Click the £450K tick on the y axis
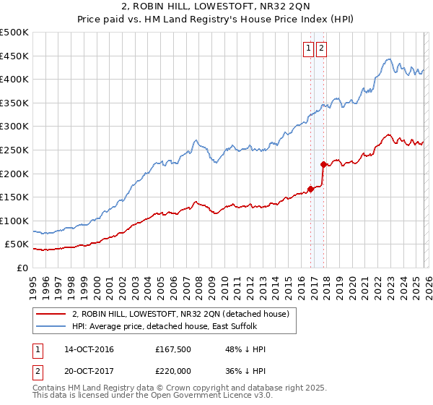click(x=14, y=56)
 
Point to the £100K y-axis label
click(x=14, y=221)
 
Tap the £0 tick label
click(x=22, y=268)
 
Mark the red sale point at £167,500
click(x=311, y=189)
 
